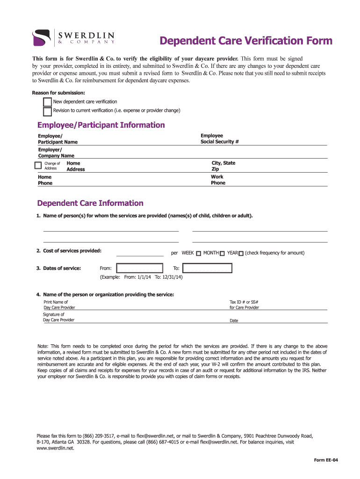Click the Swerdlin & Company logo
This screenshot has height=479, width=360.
click(x=73, y=37)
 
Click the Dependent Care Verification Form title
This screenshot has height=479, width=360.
click(x=246, y=41)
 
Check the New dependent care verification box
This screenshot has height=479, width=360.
click(x=47, y=102)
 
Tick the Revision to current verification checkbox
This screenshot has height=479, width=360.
click(x=47, y=111)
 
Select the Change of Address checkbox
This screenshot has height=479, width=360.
click(x=38, y=165)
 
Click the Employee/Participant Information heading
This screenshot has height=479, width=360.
click(x=101, y=125)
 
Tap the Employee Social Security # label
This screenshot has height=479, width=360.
click(x=220, y=138)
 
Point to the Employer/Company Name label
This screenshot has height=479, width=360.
click(x=56, y=152)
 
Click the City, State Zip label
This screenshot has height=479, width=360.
click(x=223, y=166)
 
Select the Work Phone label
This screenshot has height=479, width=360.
click(x=218, y=180)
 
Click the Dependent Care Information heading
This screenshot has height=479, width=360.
click(x=90, y=203)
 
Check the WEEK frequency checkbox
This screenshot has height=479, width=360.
click(x=199, y=254)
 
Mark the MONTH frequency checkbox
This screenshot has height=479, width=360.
click(x=223, y=254)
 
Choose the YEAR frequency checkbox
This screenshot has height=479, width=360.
click(x=241, y=254)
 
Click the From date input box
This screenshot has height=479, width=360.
click(x=140, y=268)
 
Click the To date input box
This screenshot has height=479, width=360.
click(x=207, y=268)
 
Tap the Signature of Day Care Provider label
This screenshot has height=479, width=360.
click(x=58, y=317)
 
